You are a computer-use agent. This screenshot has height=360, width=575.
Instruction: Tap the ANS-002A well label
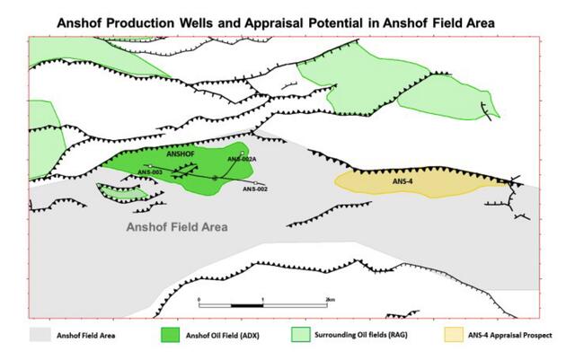tap(243, 158)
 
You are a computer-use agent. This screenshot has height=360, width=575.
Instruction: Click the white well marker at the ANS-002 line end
tap(257, 184)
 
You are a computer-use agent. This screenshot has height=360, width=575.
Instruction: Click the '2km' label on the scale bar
tap(330, 298)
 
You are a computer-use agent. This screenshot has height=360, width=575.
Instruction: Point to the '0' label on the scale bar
tap(199, 298)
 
